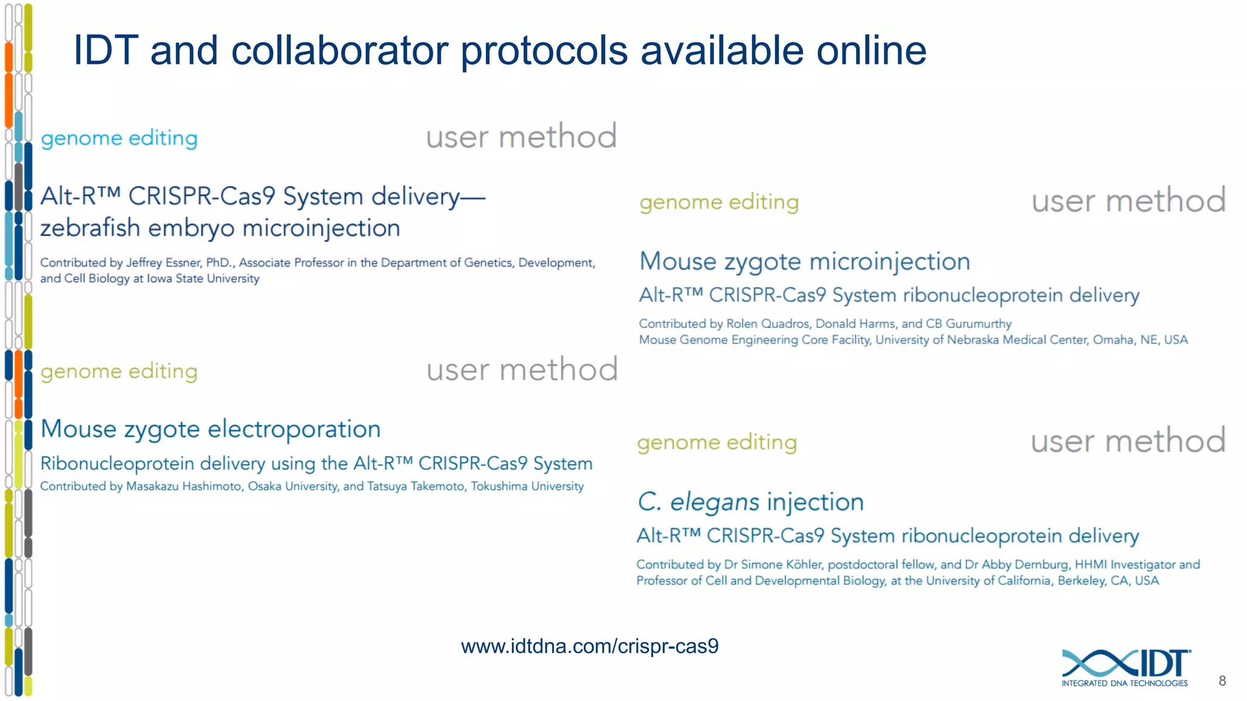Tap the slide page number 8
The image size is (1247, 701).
tap(1222, 681)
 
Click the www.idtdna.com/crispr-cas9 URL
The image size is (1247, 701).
tap(589, 646)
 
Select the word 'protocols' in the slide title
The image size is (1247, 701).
tap(543, 51)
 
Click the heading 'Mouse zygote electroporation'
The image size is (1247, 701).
tap(210, 429)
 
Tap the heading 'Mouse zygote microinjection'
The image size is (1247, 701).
tap(804, 262)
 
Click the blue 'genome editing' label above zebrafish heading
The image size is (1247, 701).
tap(119, 139)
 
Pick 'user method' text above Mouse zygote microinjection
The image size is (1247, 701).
tap(1128, 201)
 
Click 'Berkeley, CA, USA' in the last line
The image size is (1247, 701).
tap(1108, 581)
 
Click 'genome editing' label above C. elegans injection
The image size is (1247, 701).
tap(717, 442)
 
